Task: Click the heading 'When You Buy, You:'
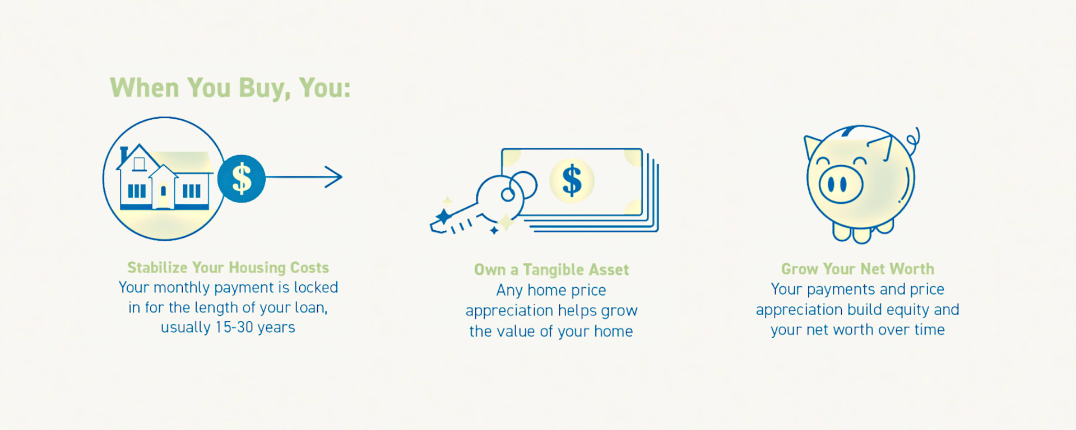(230, 88)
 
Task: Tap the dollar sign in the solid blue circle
(242, 179)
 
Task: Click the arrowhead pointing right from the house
(334, 177)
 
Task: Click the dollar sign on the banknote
(572, 180)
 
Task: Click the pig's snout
(841, 184)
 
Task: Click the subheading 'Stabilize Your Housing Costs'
(228, 268)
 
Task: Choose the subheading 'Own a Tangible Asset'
(551, 270)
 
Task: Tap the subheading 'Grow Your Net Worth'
(857, 269)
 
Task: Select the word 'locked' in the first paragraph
(316, 287)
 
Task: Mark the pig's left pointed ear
(812, 146)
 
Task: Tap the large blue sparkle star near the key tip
(444, 216)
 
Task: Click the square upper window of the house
(139, 163)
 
